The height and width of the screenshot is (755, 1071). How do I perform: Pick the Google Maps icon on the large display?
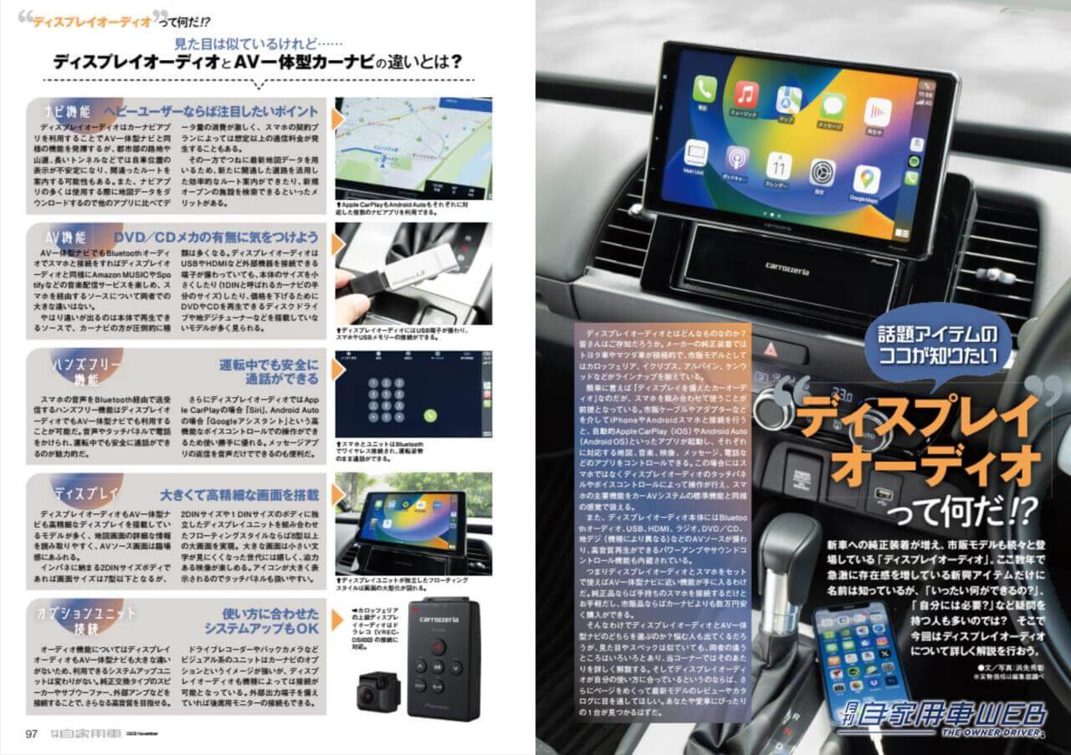point(866,179)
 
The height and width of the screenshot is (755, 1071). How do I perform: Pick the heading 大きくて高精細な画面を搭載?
point(238,495)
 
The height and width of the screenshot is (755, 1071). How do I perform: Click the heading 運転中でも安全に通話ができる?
point(269,372)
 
